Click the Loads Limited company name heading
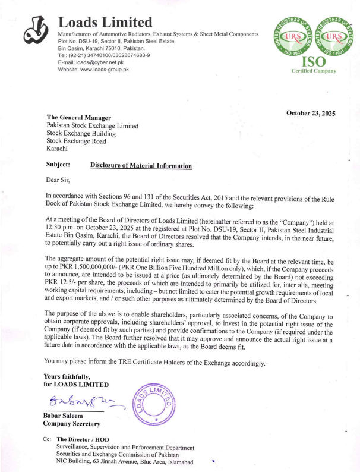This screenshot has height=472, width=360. point(105,23)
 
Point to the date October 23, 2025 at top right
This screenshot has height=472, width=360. point(311,113)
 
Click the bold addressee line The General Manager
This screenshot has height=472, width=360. point(78,118)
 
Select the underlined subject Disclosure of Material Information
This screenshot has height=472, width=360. point(141,166)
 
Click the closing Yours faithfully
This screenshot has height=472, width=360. point(66,376)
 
